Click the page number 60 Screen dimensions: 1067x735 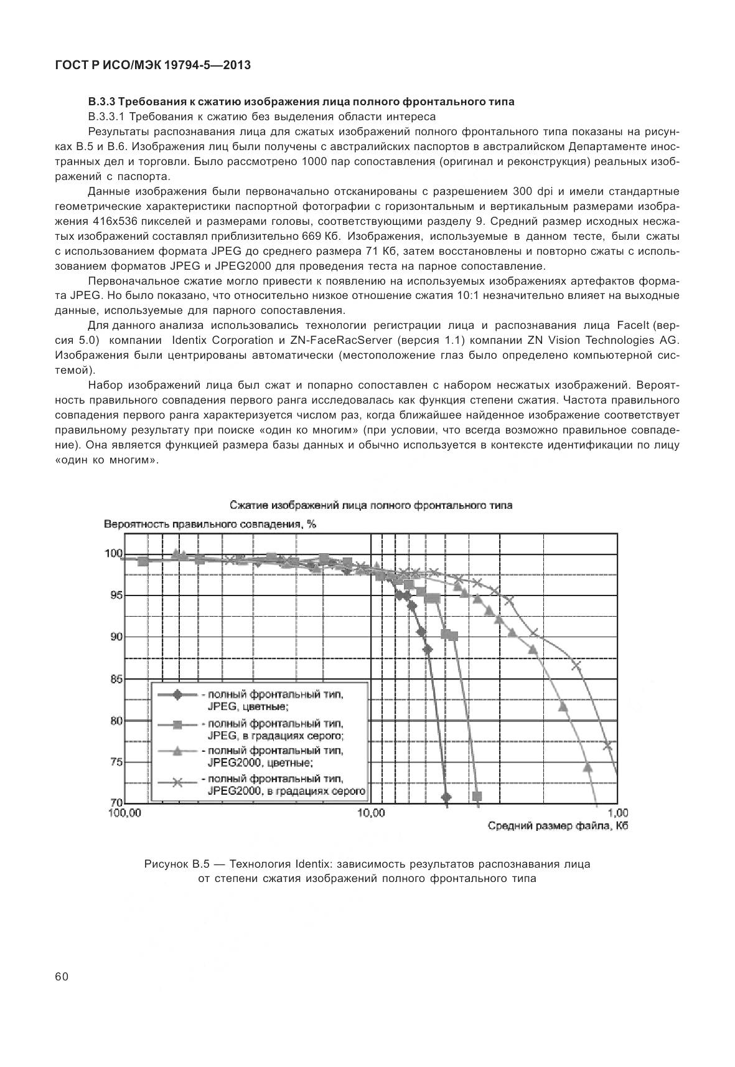tap(62, 977)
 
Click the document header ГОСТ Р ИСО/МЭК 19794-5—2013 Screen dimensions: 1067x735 tap(152, 65)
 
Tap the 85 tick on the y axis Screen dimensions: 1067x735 tap(116, 679)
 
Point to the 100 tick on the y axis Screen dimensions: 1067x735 tap(113, 553)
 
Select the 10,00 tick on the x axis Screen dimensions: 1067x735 tap(372, 812)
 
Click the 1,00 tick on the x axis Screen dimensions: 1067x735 tap(617, 812)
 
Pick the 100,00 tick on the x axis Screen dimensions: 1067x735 tap(123, 812)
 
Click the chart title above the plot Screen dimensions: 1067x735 tap(371, 505)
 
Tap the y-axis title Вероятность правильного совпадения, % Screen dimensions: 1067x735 tap(210, 524)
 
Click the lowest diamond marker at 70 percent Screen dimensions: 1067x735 tap(446, 797)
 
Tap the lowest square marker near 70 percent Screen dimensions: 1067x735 tap(477, 796)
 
